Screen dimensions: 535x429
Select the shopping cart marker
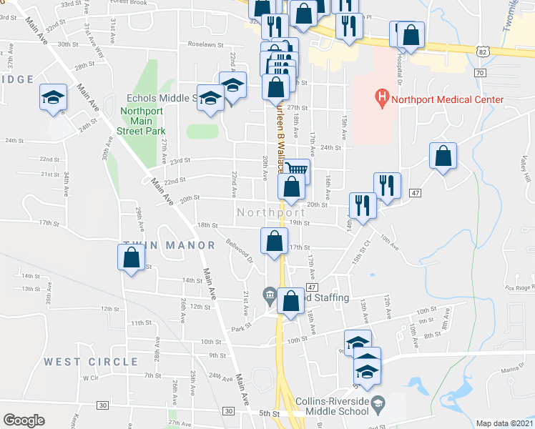point(296,170)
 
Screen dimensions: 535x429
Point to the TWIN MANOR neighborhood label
point(169,245)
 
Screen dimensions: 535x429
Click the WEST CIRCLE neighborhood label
point(90,362)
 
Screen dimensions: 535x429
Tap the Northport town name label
point(271,213)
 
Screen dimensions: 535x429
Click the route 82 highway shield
point(484,51)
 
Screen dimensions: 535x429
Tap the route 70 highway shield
point(479,73)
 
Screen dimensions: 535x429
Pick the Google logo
point(24,420)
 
